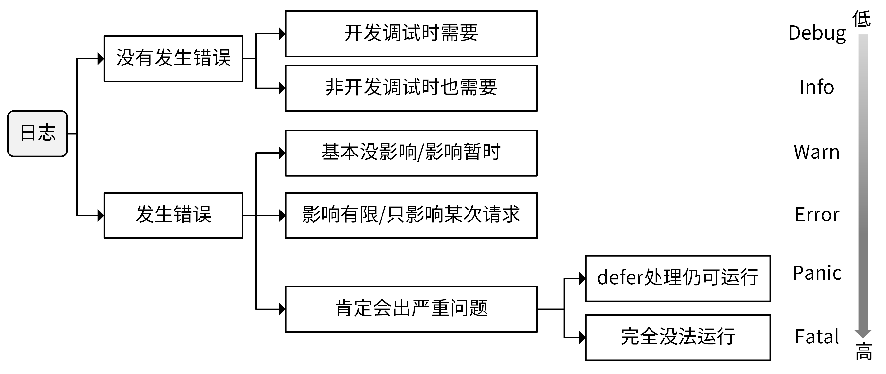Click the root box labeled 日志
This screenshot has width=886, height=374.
point(37,134)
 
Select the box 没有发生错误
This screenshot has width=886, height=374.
point(173,58)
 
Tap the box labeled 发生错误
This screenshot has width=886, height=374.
point(173,215)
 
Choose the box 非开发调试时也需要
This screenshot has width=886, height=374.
point(411,88)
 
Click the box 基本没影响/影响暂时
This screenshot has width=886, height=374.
point(411,153)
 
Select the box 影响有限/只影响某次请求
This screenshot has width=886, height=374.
point(411,215)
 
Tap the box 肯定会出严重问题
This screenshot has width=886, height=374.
point(411,309)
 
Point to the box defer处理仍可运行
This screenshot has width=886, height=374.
point(678,278)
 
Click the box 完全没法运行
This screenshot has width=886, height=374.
point(678,337)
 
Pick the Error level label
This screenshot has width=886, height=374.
point(817,215)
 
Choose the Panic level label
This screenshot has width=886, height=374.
point(817,273)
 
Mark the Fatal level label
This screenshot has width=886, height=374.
point(817,337)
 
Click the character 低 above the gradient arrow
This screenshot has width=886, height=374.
point(862,19)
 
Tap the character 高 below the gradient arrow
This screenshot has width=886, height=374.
point(864,352)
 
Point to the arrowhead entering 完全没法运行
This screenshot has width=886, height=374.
point(582,337)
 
